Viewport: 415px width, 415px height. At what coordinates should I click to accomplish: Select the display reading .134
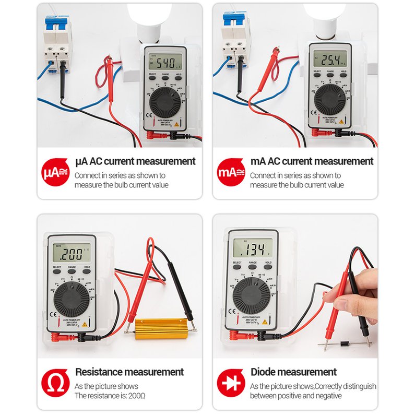point(253,247)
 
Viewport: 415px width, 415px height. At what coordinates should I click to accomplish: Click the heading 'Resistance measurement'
point(129,372)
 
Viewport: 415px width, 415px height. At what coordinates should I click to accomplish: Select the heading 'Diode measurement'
point(293,372)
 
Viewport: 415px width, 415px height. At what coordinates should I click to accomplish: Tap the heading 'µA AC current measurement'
point(135,161)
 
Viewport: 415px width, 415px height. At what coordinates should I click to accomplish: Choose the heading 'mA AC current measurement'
point(312,161)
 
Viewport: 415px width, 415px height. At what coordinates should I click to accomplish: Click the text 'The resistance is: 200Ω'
point(110,396)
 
